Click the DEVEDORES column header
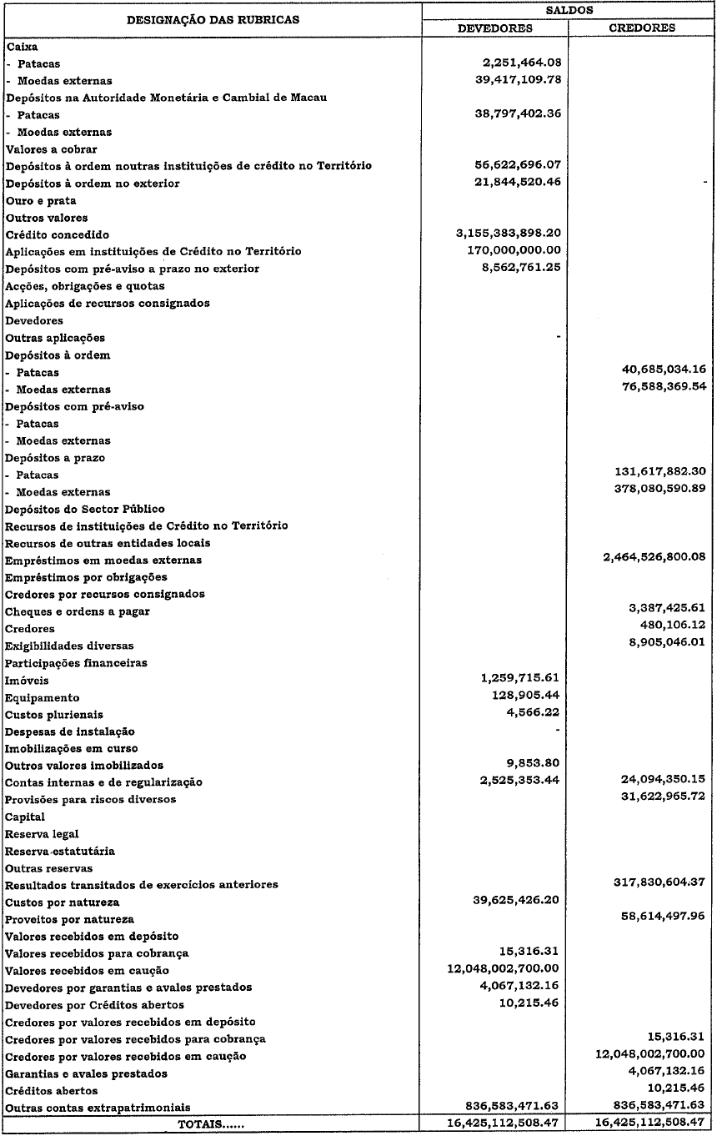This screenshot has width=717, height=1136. (x=496, y=28)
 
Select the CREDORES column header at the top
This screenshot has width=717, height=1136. (x=642, y=28)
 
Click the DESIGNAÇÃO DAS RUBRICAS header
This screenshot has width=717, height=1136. (x=212, y=19)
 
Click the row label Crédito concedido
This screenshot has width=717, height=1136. (x=58, y=235)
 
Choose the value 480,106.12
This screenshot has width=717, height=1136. (x=672, y=627)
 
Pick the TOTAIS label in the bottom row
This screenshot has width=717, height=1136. (x=212, y=1124)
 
